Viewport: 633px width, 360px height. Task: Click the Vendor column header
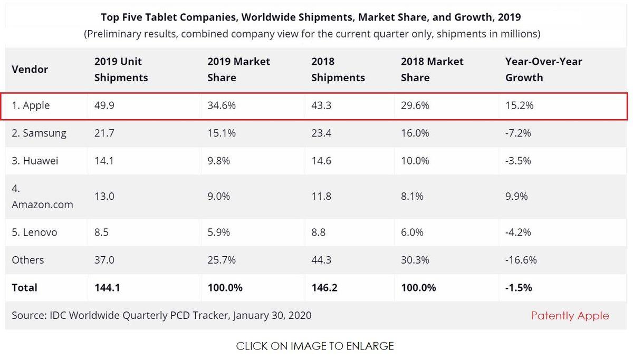[x=30, y=70]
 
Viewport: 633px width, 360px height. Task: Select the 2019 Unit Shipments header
[x=121, y=70]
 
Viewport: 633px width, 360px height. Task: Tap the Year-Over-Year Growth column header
[x=543, y=70]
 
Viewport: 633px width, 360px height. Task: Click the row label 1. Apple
[x=31, y=105]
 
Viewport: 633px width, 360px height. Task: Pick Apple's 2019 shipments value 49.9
[x=104, y=105]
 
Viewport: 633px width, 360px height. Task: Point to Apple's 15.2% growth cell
[x=519, y=105]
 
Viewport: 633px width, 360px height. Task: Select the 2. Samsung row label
[x=39, y=133]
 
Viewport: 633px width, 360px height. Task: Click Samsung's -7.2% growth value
[x=518, y=133]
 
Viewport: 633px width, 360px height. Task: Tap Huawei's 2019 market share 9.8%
[x=218, y=161]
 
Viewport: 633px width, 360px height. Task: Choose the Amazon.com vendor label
[x=42, y=204]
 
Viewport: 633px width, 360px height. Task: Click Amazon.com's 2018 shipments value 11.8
[x=321, y=197]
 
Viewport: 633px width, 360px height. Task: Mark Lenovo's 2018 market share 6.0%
[x=415, y=232]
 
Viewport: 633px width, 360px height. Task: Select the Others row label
[x=28, y=260]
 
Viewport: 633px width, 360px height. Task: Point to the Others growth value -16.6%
[x=521, y=260]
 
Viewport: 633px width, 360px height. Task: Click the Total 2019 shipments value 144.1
[x=108, y=288]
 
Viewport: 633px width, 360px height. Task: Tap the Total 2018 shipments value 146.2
[x=325, y=288]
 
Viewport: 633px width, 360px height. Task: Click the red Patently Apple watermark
[x=570, y=316]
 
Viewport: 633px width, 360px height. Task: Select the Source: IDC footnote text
[x=161, y=316]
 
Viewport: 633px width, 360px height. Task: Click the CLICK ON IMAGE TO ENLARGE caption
[x=315, y=346]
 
